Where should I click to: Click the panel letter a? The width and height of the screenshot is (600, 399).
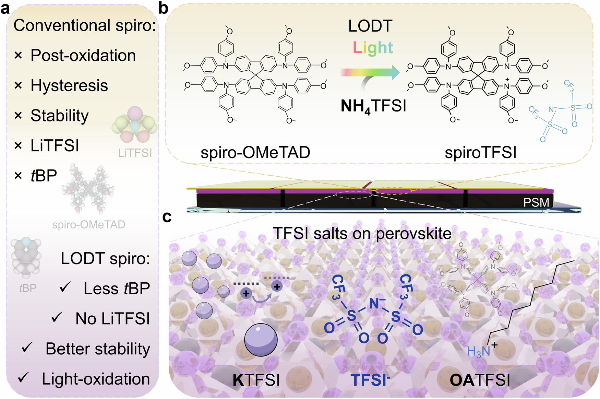pos(5,8)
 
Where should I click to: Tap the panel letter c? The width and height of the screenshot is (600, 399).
pos(167,217)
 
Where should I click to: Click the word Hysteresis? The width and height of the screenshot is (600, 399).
pos(69,85)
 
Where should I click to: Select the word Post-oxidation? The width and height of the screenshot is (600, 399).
pos(83,56)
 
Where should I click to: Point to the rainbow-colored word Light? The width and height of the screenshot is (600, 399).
pos(373,48)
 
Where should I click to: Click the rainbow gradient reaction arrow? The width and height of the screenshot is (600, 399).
pos(370,72)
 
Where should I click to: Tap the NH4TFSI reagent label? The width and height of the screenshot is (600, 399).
pos(373,106)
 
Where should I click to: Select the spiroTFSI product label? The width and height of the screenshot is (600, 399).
pos(480,153)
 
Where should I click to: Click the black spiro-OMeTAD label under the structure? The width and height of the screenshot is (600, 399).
pos(255,153)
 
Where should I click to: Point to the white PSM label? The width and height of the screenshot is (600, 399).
pos(536,202)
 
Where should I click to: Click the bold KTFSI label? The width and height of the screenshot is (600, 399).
pos(256,380)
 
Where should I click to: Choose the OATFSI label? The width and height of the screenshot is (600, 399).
pos(480,380)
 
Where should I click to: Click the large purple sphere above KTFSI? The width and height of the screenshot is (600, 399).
pos(261,340)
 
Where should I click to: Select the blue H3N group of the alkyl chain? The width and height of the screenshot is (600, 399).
pos(479,351)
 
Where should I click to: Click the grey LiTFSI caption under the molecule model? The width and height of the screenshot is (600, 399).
pos(135,153)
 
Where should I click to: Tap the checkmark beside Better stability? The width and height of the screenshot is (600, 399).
pos(27,348)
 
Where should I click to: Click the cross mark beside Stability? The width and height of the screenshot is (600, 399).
pos(18,116)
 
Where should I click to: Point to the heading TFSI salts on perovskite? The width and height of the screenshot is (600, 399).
pos(362,234)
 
